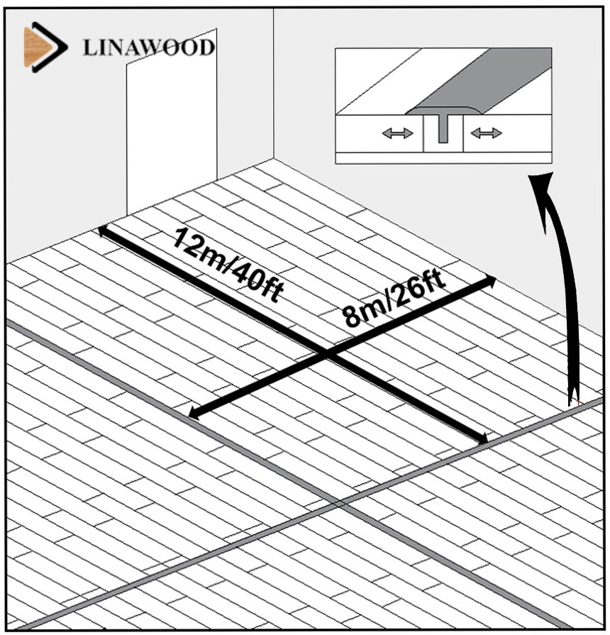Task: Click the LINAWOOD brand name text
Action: pos(148,48)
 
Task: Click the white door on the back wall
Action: pos(171,121)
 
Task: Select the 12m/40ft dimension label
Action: pos(227,265)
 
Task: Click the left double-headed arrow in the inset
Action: pos(397,133)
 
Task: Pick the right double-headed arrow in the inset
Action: pos(486,133)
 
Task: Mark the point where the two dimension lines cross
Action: pos(328,353)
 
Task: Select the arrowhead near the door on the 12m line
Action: pos(104,230)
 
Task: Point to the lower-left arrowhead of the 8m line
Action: pos(193,414)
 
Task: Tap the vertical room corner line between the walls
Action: pos(274,85)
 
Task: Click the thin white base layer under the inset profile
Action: pos(443,158)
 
